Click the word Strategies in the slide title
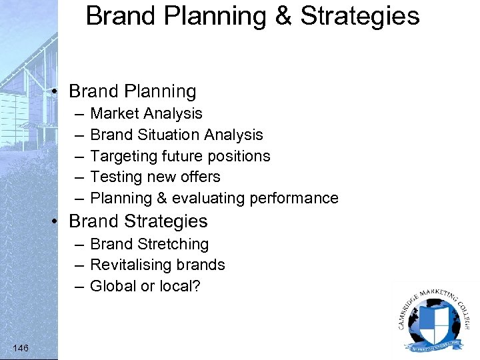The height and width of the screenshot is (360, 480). pyautogui.click(x=360, y=16)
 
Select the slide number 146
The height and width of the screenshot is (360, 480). pyautogui.click(x=20, y=347)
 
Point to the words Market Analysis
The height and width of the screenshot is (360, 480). pyautogui.click(x=146, y=113)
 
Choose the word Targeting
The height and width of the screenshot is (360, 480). pyautogui.click(x=123, y=156)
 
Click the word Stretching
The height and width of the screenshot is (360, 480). pyautogui.click(x=173, y=244)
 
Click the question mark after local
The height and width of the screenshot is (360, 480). pyautogui.click(x=196, y=286)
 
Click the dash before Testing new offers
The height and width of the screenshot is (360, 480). pyautogui.click(x=79, y=177)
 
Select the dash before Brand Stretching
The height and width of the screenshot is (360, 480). pyautogui.click(x=79, y=245)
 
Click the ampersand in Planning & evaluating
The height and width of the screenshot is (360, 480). pyautogui.click(x=162, y=198)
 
